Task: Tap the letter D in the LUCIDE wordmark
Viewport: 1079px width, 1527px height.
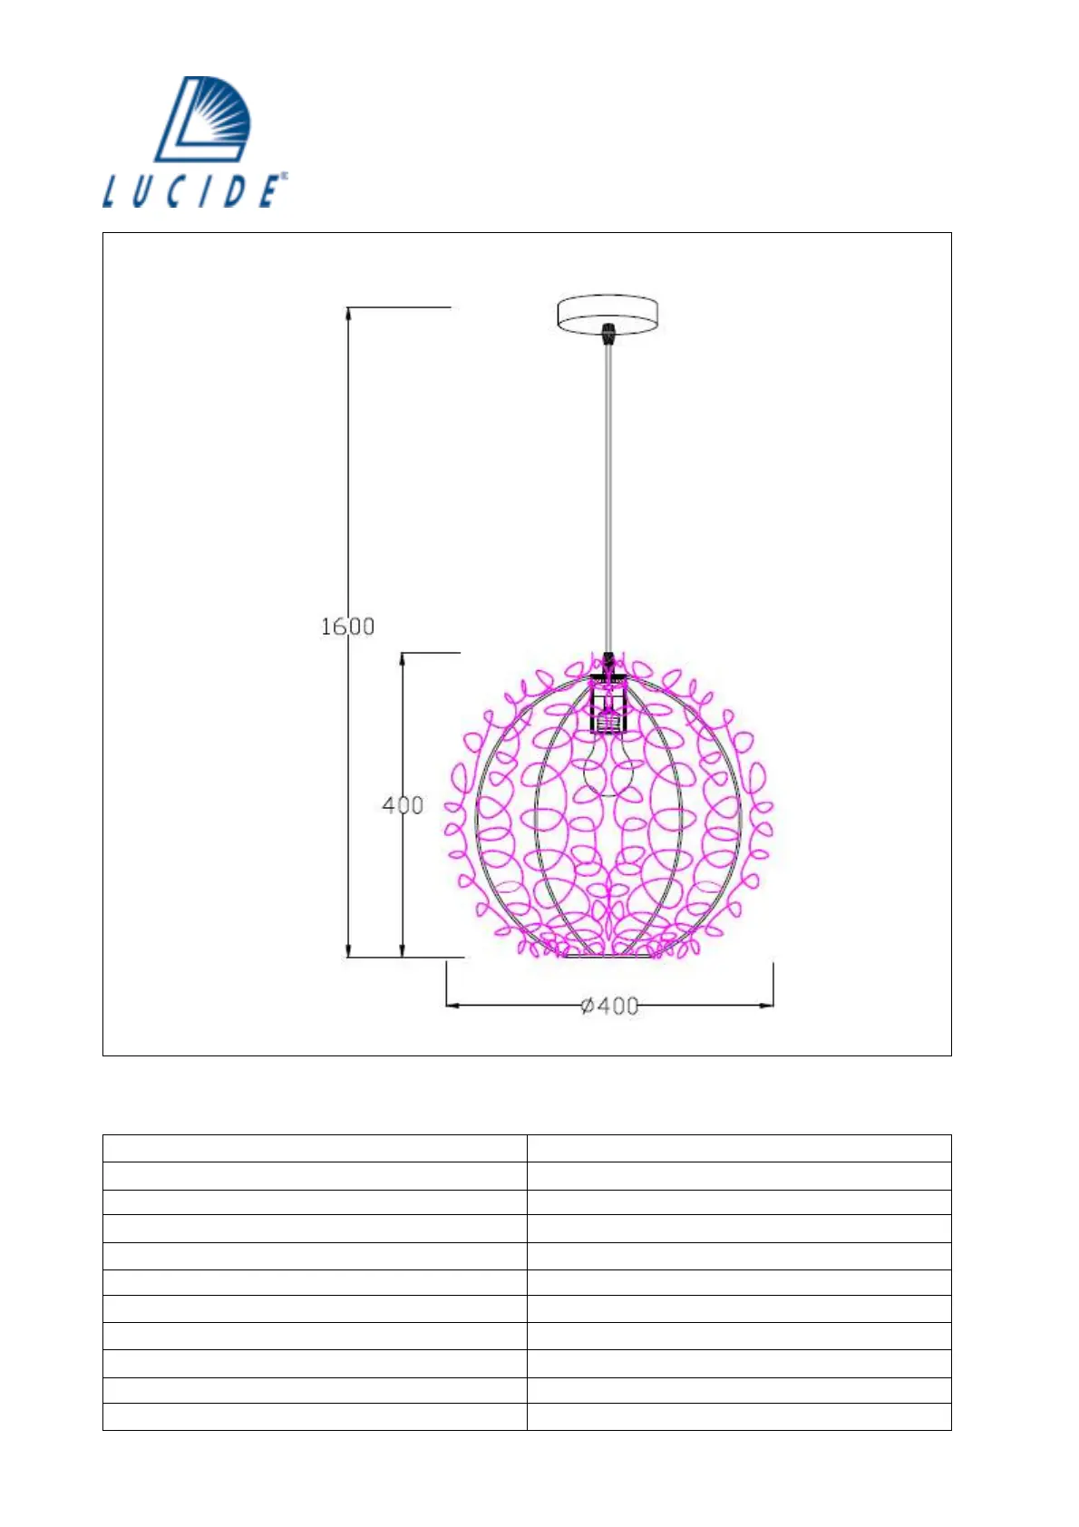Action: (x=235, y=191)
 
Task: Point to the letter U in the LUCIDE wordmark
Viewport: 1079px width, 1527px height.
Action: (x=142, y=191)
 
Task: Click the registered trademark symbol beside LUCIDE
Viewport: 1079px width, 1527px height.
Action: (x=284, y=176)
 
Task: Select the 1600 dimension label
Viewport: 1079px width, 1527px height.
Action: (x=347, y=627)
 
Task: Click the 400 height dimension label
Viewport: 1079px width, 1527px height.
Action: (x=403, y=806)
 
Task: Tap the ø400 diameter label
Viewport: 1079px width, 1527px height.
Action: (x=609, y=1006)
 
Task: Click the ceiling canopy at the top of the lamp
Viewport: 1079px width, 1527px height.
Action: (x=608, y=314)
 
